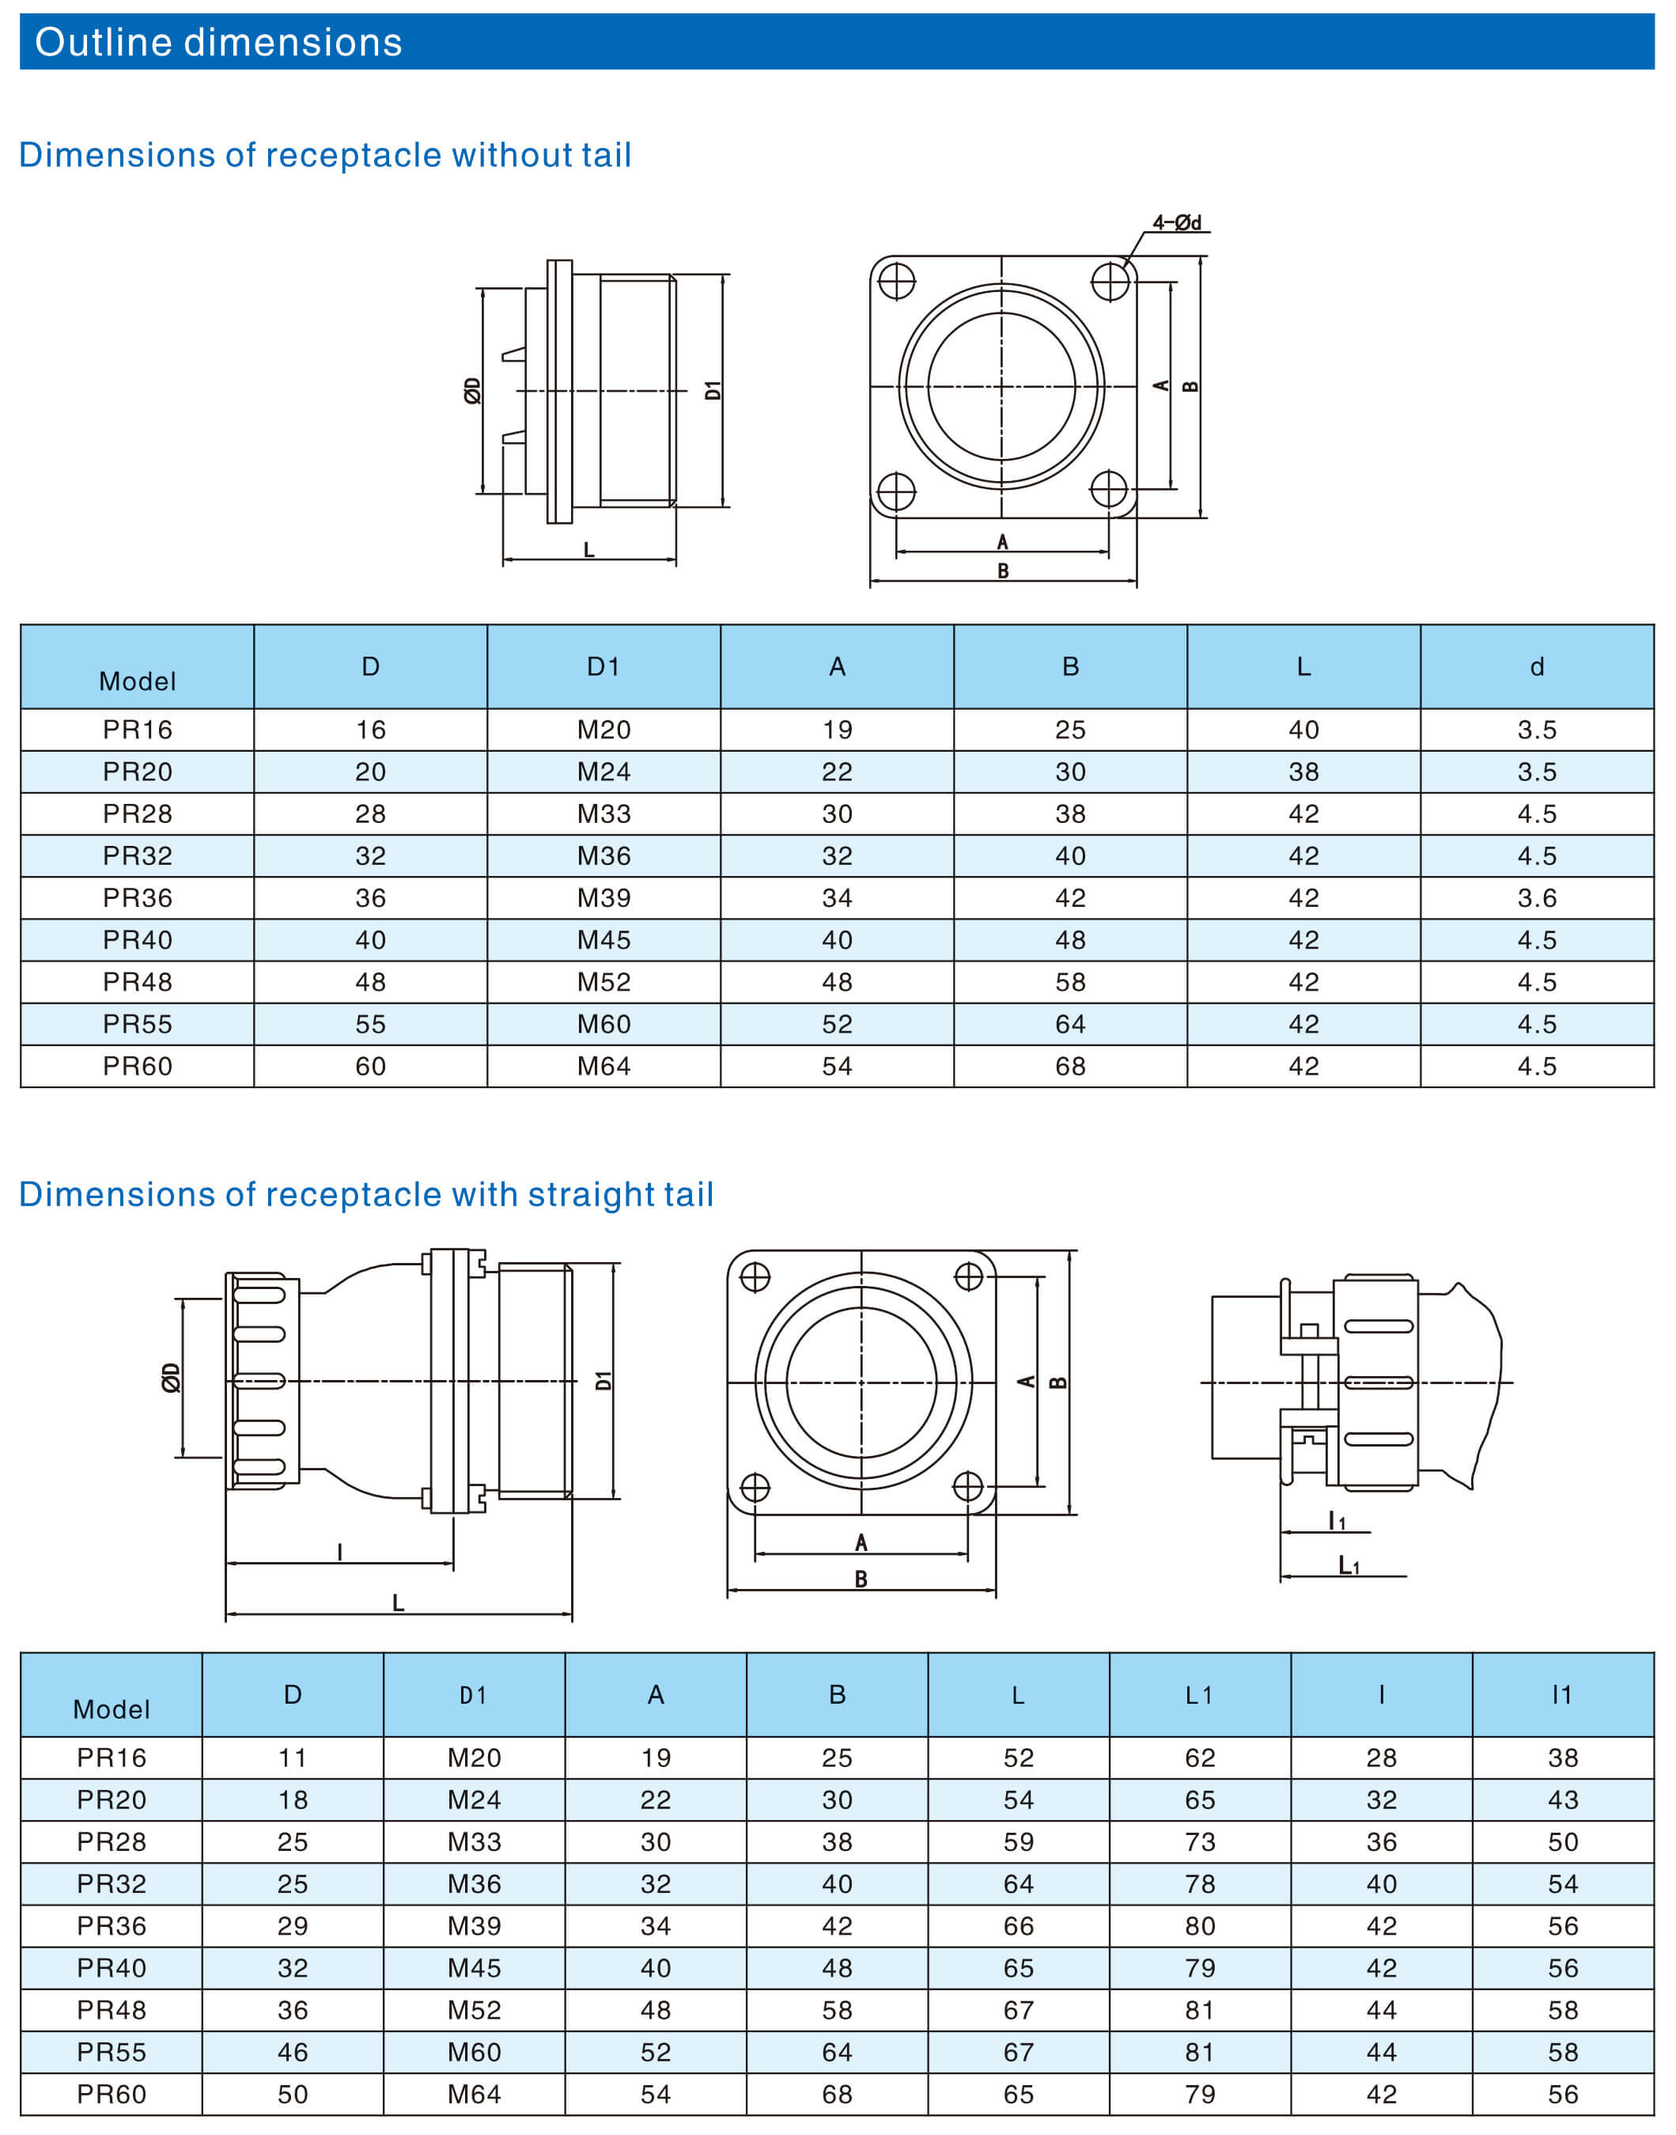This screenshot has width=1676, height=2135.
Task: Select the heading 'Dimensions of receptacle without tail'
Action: [x=325, y=155]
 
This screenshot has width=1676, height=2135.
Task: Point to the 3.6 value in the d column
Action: [x=1537, y=898]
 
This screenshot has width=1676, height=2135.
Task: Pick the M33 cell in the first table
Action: [x=603, y=813]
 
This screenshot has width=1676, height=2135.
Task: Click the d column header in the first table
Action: [x=1537, y=668]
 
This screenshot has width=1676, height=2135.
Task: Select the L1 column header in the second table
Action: [x=1199, y=1695]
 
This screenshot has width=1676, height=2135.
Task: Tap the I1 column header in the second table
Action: [x=1562, y=1695]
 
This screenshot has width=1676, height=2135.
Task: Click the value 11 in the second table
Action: [x=293, y=1758]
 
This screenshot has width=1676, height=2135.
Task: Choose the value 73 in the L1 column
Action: [x=1199, y=1842]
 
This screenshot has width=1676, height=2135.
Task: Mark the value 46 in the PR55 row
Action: [x=293, y=2053]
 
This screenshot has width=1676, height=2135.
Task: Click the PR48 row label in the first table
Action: [x=138, y=983]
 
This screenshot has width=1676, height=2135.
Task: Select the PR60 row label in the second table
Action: [x=112, y=2095]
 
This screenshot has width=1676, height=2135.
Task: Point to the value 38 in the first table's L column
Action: [x=1303, y=772]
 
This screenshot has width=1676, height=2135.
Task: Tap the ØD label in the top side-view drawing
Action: [x=472, y=391]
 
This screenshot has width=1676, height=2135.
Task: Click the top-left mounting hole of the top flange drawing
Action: [x=896, y=282]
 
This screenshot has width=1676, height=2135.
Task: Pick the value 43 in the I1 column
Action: [x=1562, y=1800]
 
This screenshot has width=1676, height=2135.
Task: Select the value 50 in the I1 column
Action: [x=1562, y=1842]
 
